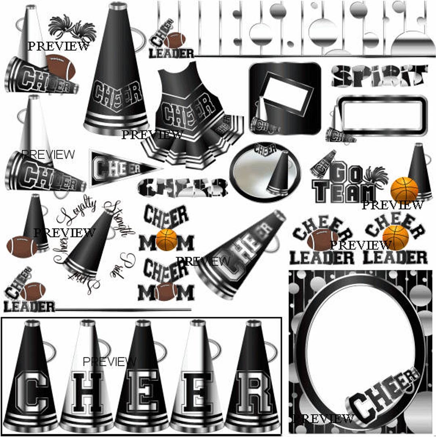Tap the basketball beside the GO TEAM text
(404, 189)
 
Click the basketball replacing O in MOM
(166, 239)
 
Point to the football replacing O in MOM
(166, 291)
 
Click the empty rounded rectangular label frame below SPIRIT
(381, 115)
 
